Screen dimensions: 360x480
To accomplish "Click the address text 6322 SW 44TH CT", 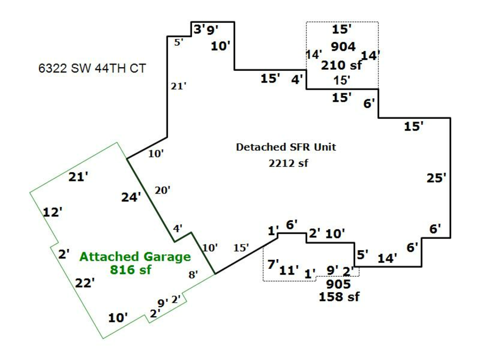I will point(92,68).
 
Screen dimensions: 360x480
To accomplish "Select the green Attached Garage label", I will point(135,257).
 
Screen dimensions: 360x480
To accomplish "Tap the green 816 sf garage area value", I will point(131,269).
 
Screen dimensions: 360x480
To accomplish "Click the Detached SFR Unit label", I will point(286,147).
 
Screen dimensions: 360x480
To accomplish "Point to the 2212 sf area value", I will point(289,163).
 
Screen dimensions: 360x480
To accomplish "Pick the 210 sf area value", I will point(341,66).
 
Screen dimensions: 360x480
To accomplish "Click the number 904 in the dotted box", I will point(343,47).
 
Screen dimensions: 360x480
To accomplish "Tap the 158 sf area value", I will point(339,297).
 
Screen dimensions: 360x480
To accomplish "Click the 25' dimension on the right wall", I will point(436,178).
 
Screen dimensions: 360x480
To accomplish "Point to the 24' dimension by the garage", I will point(131,197).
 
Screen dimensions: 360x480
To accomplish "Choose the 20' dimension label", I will point(163,189).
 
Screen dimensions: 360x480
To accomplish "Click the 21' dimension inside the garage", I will point(78,177).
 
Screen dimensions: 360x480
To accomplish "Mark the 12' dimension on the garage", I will point(53,212).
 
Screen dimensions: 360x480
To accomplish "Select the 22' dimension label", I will point(85,283).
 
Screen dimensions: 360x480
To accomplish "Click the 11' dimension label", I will point(289,270).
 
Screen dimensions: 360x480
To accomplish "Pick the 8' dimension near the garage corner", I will point(193,275).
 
